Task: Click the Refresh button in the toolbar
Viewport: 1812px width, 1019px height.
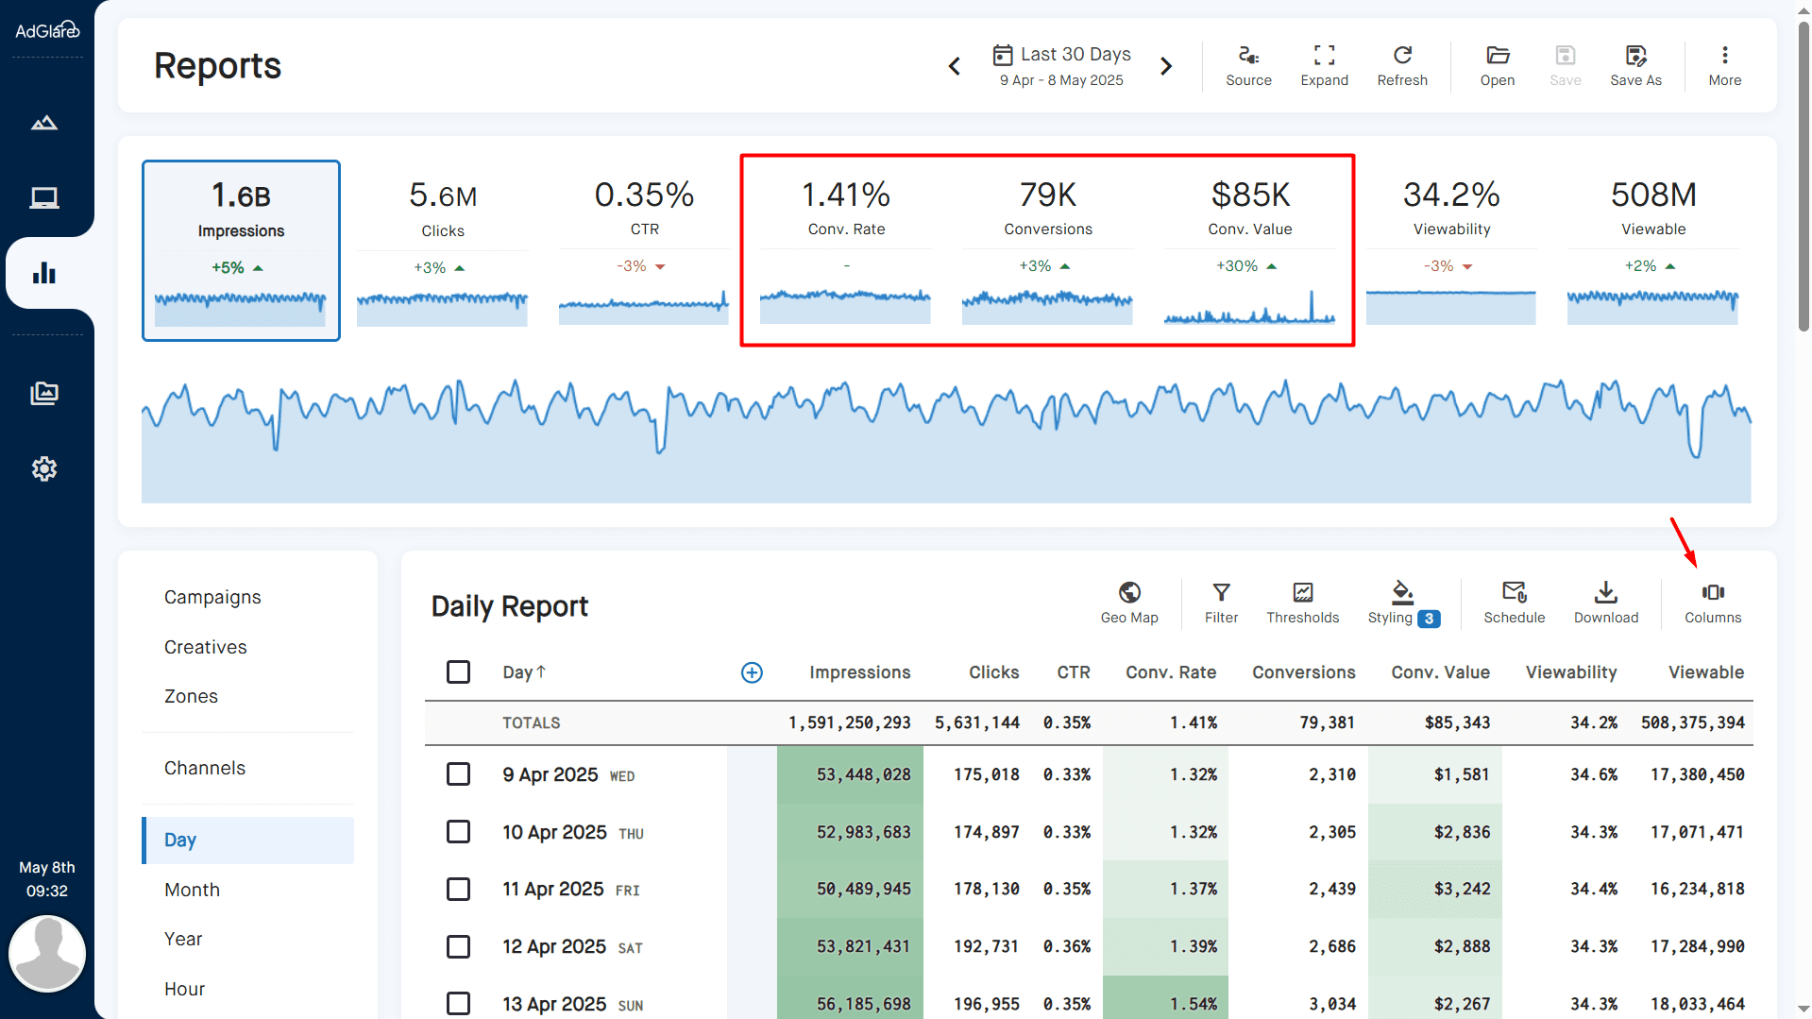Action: click(1401, 65)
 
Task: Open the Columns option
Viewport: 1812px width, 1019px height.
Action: click(1712, 603)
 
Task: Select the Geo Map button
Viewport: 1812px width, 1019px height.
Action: click(1128, 603)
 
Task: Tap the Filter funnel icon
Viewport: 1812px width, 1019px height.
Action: click(1221, 592)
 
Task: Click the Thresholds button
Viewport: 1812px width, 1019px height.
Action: click(1302, 603)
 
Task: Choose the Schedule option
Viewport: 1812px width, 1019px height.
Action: click(1514, 603)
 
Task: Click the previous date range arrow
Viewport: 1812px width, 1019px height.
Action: click(955, 66)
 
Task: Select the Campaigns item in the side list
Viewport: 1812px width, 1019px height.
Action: click(212, 597)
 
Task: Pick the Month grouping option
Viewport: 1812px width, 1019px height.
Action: click(192, 890)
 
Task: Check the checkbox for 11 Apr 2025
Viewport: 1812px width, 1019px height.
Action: click(458, 889)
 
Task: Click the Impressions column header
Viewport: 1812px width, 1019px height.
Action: click(859, 672)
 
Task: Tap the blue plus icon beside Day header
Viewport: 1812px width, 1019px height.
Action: click(752, 672)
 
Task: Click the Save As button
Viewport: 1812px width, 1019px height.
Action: click(1635, 65)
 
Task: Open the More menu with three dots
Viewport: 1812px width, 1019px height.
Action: click(1724, 65)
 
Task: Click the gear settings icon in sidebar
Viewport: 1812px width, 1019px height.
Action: click(44, 468)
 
